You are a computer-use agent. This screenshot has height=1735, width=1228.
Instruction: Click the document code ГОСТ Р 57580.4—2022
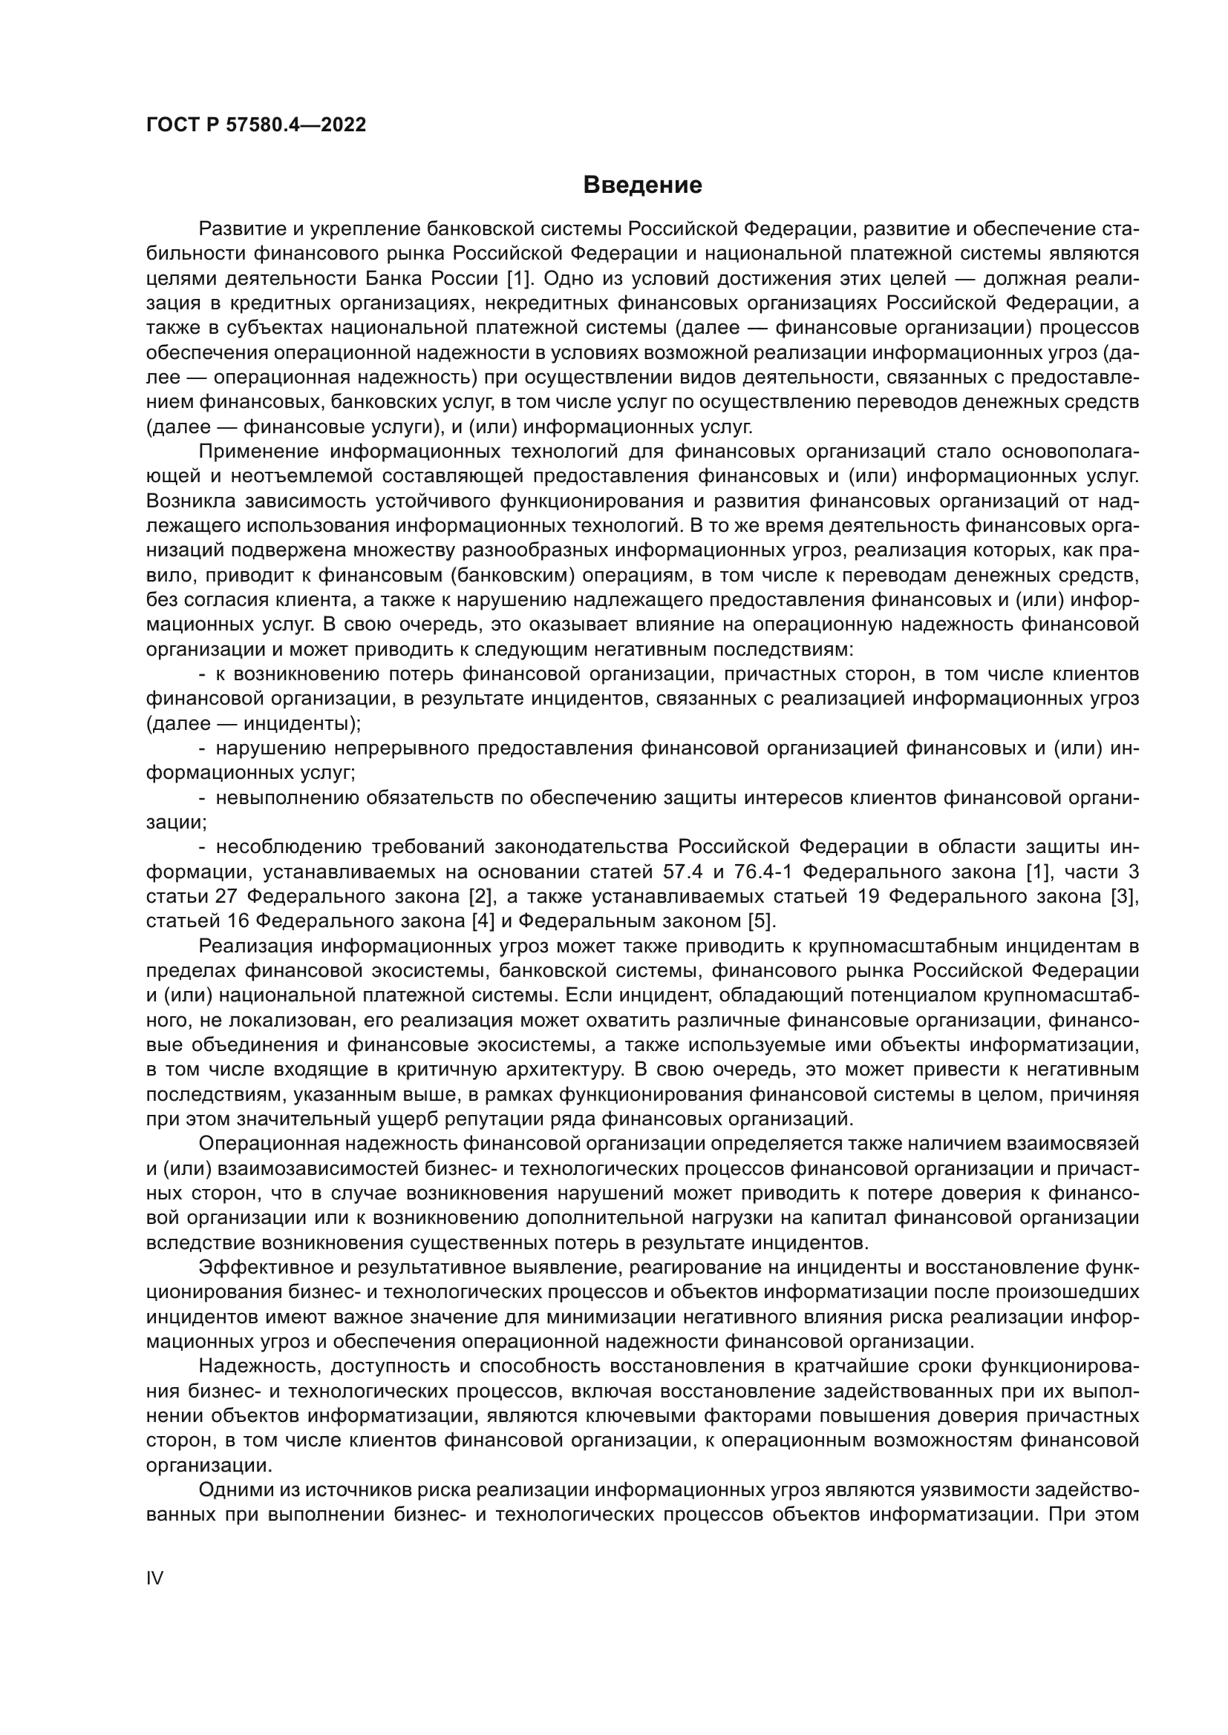[x=255, y=125]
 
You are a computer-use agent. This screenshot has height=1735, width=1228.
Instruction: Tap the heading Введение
[x=643, y=185]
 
